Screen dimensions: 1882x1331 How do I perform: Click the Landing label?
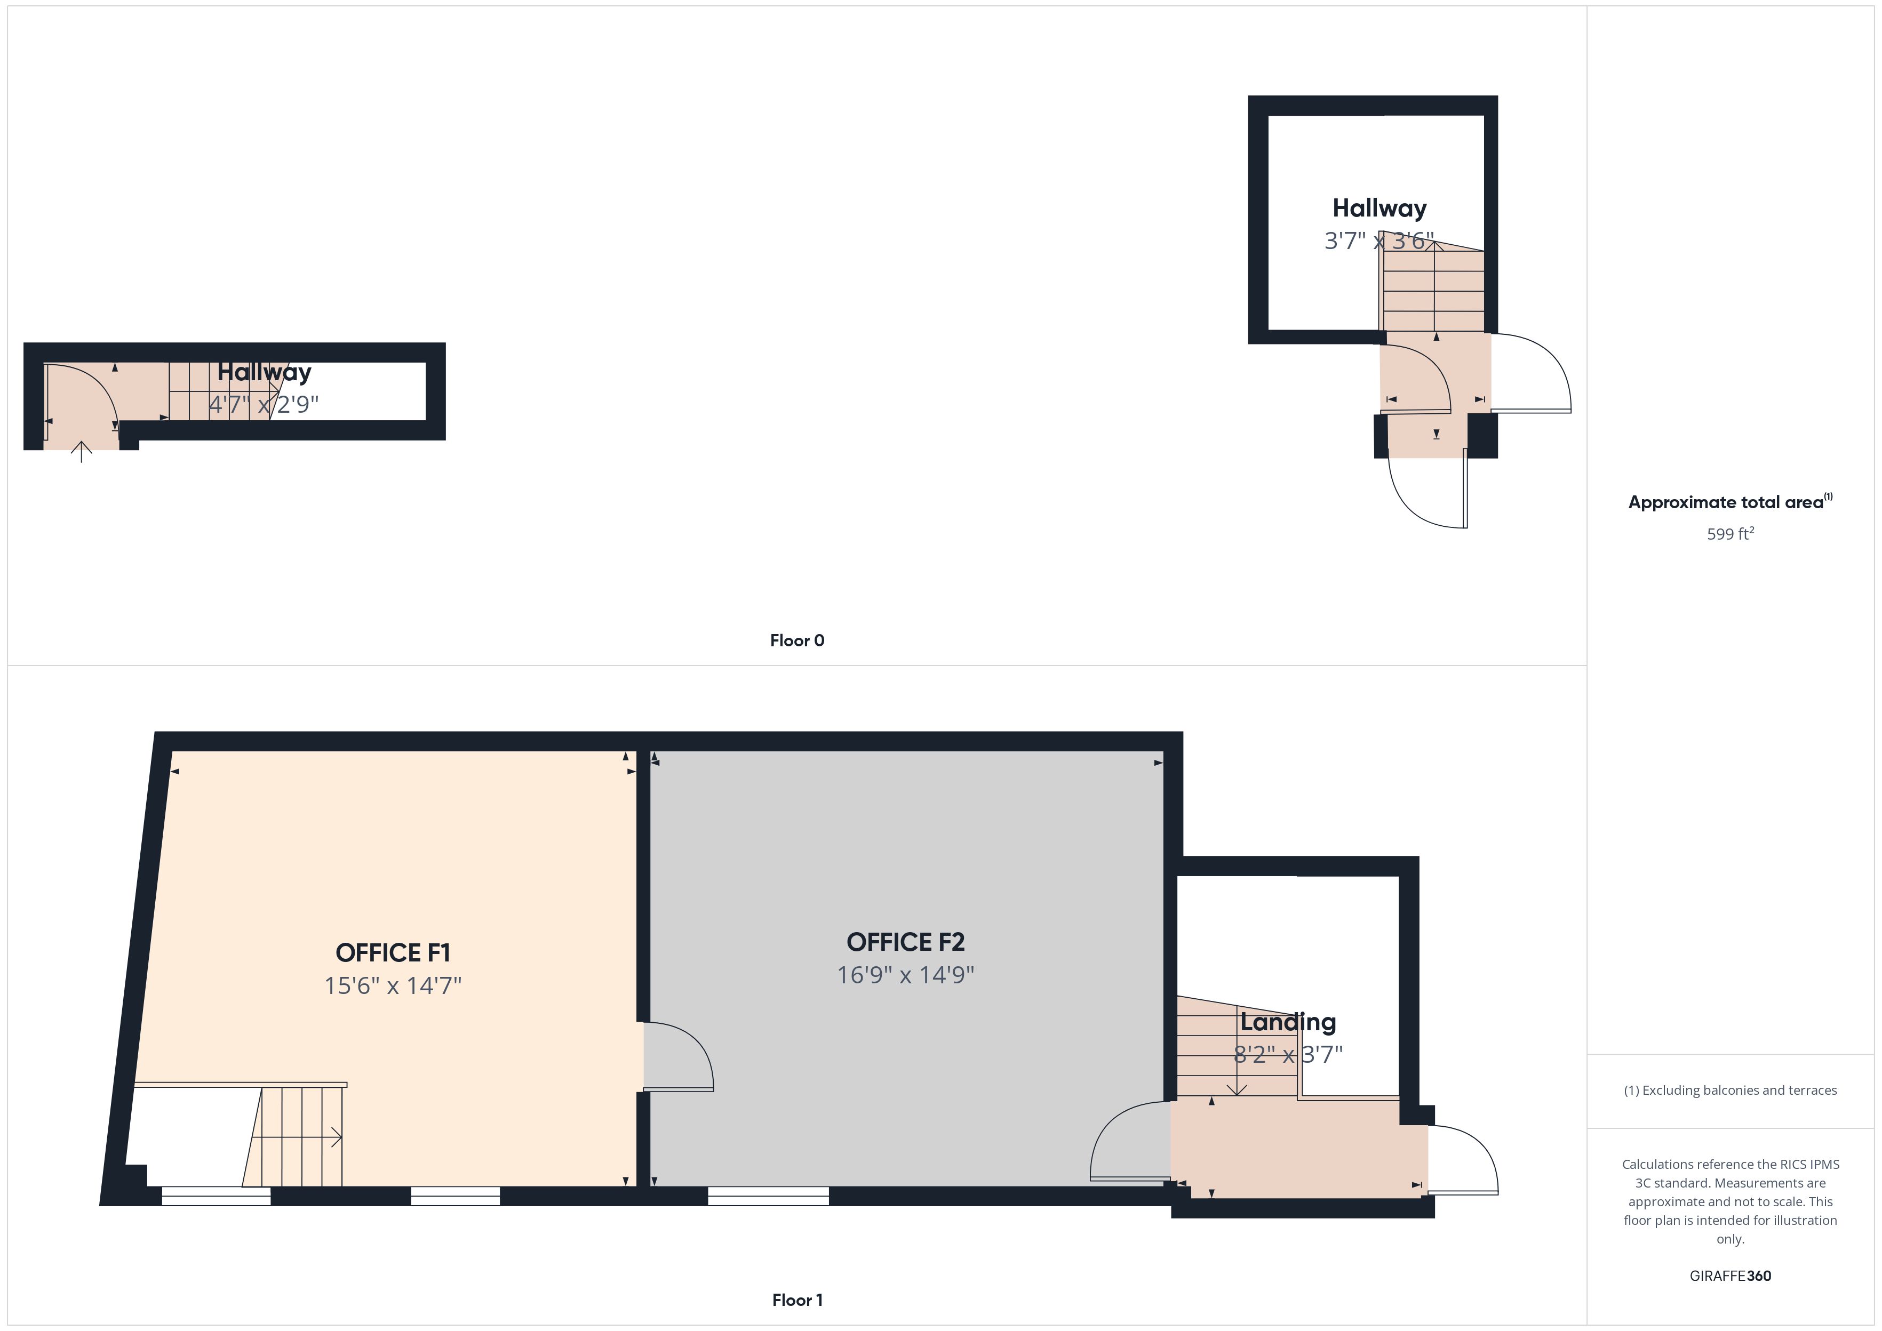click(x=1288, y=1022)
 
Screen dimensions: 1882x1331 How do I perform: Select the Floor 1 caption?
click(x=797, y=1300)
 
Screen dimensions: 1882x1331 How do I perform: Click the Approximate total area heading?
click(x=1729, y=502)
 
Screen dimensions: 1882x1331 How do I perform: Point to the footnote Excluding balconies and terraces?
click(x=1731, y=1090)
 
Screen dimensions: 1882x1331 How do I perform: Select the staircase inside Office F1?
click(x=293, y=1136)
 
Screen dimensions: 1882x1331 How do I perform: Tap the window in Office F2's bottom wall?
click(x=768, y=1196)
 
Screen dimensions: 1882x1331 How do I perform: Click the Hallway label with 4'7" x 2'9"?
click(x=264, y=372)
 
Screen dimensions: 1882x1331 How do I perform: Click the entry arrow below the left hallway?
click(x=81, y=452)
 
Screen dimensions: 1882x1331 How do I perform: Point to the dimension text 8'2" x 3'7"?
click(x=1288, y=1054)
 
